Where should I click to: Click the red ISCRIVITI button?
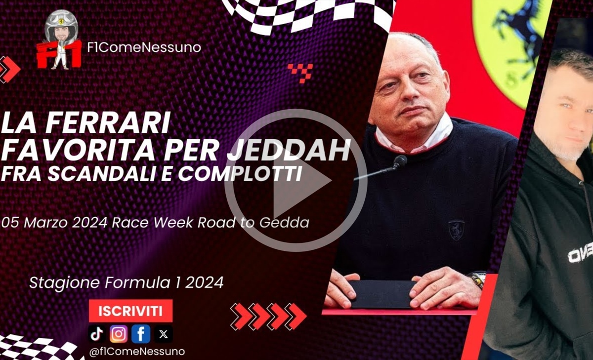coord(130,311)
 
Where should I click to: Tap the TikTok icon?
coord(97,334)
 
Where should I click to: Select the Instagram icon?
coord(119,334)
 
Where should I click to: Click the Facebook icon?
coord(141,334)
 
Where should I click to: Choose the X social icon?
coord(164,334)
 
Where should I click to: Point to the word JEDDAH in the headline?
coord(289,150)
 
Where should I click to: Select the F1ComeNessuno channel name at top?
coord(144,47)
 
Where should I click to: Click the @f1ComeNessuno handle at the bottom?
coord(137,352)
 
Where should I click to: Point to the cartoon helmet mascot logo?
coord(60,40)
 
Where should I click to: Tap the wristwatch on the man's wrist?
coord(479,280)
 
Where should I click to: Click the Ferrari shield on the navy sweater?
coord(456,230)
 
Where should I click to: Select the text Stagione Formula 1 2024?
coord(127,282)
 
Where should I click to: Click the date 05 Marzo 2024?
coord(54,222)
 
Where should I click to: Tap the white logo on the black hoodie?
coord(580,254)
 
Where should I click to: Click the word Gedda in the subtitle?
coord(284,222)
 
